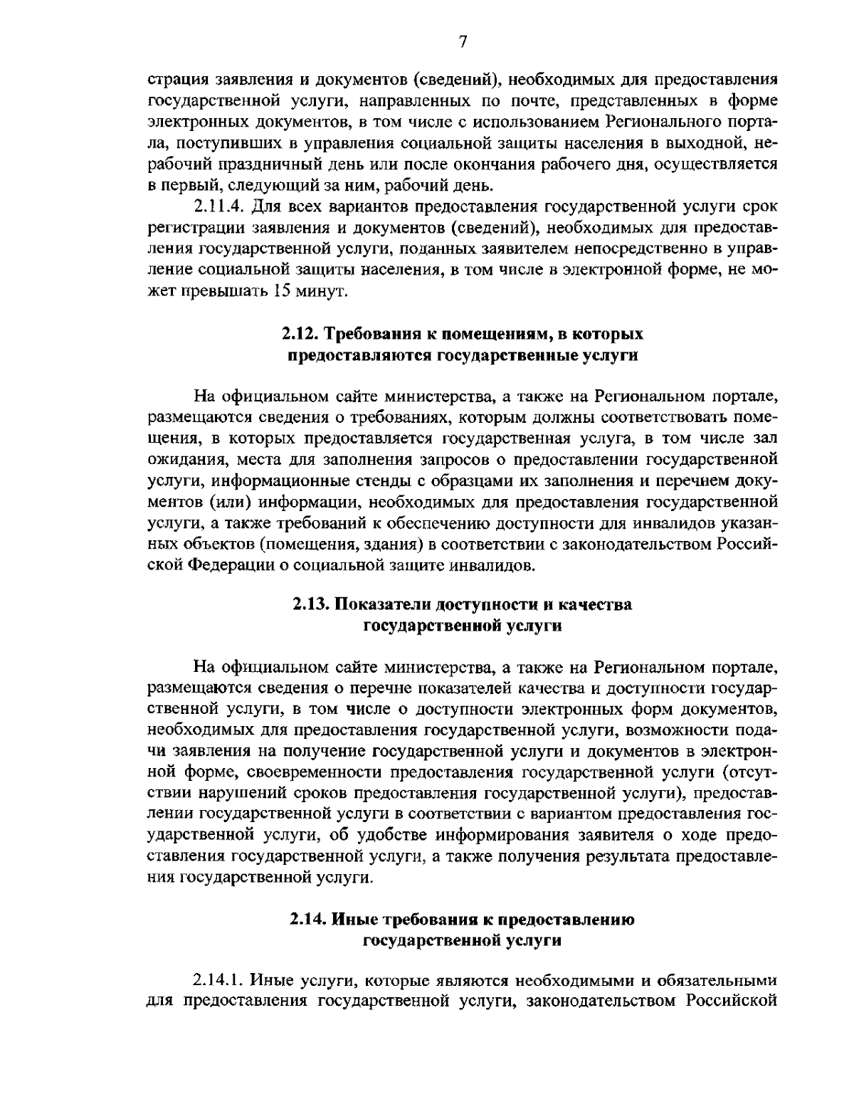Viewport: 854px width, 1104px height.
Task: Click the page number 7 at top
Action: point(462,43)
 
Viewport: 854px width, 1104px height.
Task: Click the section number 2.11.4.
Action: point(218,208)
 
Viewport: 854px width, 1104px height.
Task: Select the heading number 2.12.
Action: point(296,333)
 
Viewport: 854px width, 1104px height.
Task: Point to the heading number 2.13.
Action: point(311,604)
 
